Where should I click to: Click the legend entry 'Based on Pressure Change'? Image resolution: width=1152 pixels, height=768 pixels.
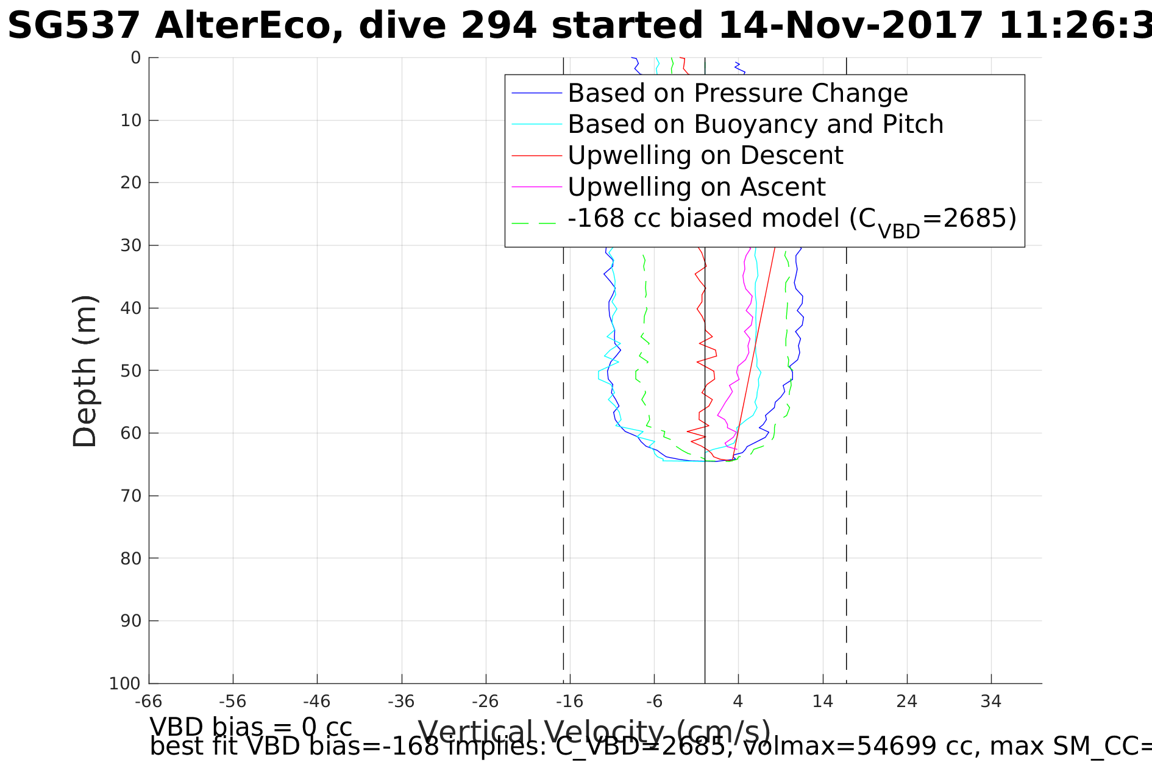point(738,93)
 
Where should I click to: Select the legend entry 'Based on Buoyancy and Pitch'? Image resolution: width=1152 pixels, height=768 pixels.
point(755,124)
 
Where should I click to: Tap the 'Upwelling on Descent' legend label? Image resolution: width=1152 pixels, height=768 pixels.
point(705,155)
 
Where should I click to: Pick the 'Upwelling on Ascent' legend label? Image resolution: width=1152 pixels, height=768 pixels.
point(696,187)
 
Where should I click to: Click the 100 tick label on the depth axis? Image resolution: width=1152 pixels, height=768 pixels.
point(125,684)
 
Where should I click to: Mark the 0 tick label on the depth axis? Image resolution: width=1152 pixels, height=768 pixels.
point(136,58)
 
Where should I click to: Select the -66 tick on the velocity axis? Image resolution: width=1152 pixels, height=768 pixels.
point(149,702)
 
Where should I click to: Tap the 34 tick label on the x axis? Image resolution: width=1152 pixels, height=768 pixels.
point(991,702)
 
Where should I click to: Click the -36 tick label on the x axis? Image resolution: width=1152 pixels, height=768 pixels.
point(401,702)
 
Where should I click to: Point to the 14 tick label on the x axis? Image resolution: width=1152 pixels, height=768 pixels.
point(823,702)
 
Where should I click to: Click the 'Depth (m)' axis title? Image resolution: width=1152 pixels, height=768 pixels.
point(85,372)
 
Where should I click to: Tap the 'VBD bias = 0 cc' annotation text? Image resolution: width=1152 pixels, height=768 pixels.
point(251,727)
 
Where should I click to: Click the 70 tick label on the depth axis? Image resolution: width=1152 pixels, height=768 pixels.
point(131,496)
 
